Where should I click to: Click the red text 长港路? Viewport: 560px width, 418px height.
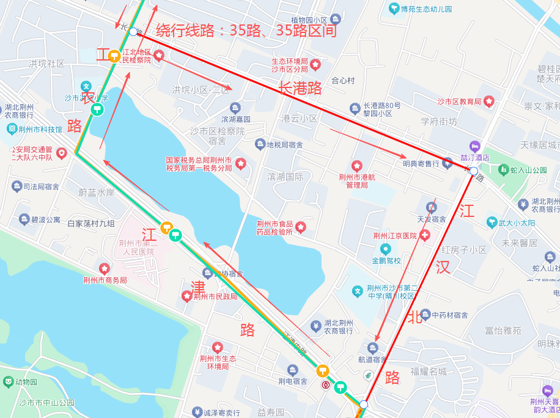tap(300, 88)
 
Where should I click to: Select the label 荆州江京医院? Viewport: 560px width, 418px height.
tap(395, 236)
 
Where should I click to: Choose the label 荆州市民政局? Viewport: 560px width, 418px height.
tap(215, 296)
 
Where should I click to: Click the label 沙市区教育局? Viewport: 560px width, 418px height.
tap(460, 101)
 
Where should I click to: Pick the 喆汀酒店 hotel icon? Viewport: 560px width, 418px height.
tap(474, 146)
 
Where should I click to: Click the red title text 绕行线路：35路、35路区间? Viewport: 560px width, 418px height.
tap(246, 31)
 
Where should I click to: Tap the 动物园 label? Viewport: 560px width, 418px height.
tap(26, 382)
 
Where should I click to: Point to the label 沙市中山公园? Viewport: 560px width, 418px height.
tap(46, 403)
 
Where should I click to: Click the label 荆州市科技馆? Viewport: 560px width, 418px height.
tap(40, 129)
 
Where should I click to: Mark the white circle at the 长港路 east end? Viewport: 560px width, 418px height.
tap(474, 171)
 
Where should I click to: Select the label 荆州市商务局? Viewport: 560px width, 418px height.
tap(105, 280)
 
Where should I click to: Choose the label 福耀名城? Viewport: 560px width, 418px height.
tap(429, 371)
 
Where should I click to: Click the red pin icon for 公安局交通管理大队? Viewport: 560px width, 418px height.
tap(61, 152)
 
